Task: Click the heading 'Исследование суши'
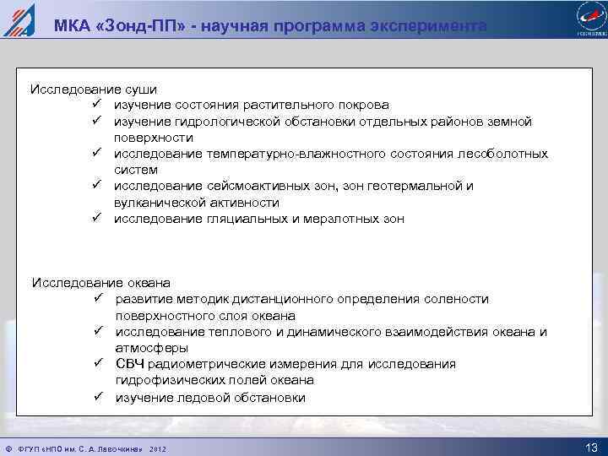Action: tap(94, 89)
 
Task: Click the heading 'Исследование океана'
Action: tap(101, 282)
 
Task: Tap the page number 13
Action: tap(590, 446)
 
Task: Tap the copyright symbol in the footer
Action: tap(8, 447)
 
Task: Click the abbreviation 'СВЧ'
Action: tap(130, 364)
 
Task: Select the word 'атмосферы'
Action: tap(152, 348)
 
